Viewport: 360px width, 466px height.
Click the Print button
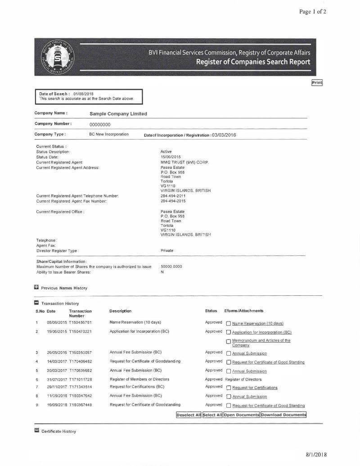317,82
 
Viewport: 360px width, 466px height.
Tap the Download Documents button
283,415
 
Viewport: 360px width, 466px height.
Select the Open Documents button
242,415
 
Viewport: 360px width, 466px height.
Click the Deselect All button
189,415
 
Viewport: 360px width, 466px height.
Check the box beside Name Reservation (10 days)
229,323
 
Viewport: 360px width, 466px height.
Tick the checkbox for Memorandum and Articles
229,341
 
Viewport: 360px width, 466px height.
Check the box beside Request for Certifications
229,388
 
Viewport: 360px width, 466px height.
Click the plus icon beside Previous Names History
36,287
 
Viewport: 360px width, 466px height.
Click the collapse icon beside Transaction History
36,303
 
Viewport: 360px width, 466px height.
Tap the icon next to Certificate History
36,431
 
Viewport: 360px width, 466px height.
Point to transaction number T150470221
81,332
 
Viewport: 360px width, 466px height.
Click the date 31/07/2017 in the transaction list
57,380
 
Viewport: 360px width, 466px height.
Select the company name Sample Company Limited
118,114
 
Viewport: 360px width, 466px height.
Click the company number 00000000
100,124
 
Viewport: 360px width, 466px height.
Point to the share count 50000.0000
171,267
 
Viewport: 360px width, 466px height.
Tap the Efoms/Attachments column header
244,311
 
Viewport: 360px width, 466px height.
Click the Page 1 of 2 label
313,12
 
